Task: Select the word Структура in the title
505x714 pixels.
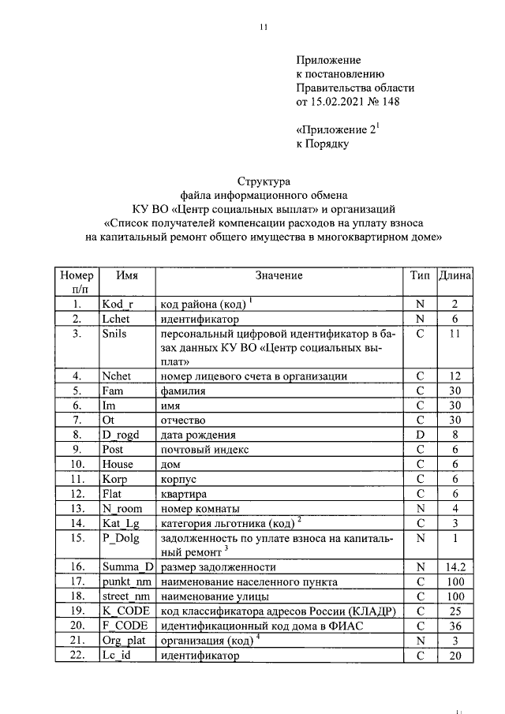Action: pyautogui.click(x=264, y=181)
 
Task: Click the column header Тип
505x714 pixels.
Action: pyautogui.click(x=420, y=275)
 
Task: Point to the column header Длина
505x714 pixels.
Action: pyautogui.click(x=455, y=275)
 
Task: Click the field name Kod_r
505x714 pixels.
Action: pyautogui.click(x=118, y=305)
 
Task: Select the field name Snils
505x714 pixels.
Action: pyautogui.click(x=115, y=334)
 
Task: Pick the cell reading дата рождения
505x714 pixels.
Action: pyautogui.click(x=195, y=435)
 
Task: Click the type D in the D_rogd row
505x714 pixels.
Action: pyautogui.click(x=420, y=435)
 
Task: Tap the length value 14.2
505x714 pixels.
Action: pyautogui.click(x=455, y=567)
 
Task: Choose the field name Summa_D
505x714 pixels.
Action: pyautogui.click(x=127, y=567)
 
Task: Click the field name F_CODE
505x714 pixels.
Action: pyautogui.click(x=125, y=626)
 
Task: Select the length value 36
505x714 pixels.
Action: pyautogui.click(x=455, y=626)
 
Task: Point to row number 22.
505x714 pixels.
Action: pyautogui.click(x=76, y=655)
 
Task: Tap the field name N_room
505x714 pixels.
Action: pyautogui.click(x=122, y=508)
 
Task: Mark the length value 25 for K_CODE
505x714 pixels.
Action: pyautogui.click(x=455, y=611)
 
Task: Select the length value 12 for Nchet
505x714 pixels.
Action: pyautogui.click(x=455, y=376)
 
